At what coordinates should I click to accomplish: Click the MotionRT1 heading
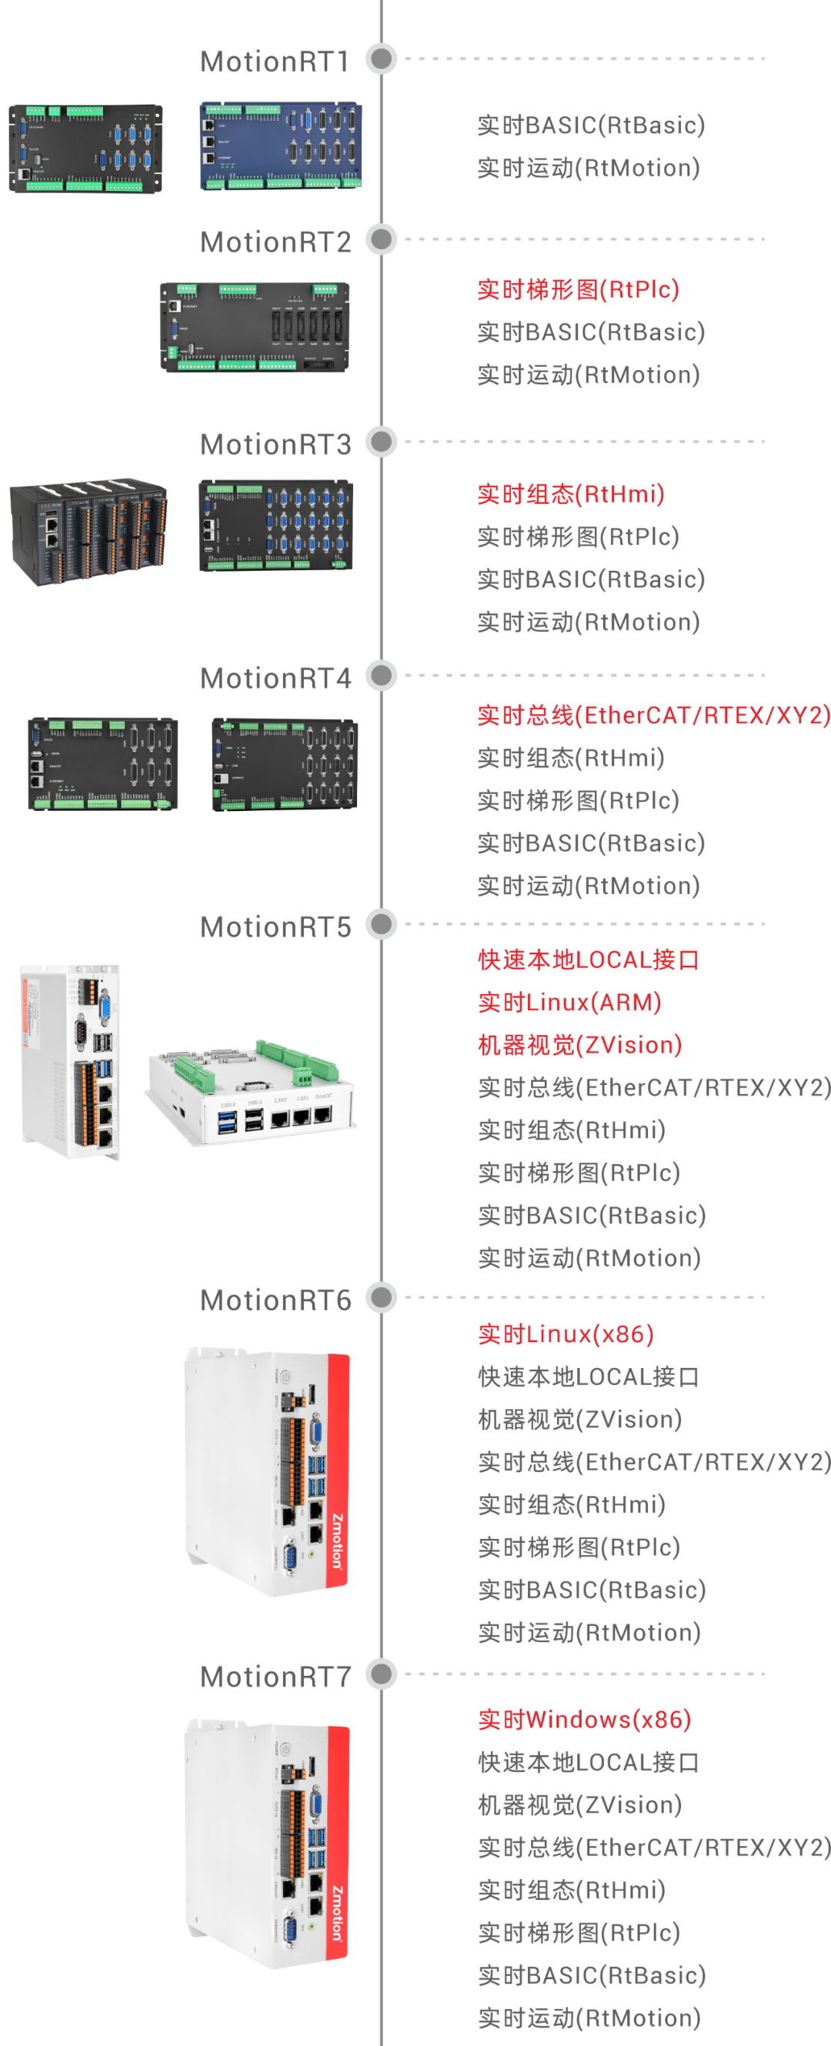274,62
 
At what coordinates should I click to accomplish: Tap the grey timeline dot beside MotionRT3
382,442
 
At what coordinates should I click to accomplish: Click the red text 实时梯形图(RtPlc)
578,290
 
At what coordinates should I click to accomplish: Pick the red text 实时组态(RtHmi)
569,494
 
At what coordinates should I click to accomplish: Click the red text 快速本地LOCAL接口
588,960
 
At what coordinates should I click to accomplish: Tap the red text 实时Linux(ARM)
569,1003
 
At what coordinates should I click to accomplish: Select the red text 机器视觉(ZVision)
579,1045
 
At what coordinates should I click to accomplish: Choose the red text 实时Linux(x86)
565,1334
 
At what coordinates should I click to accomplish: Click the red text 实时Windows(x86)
584,1720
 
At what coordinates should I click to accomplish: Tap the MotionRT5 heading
275,927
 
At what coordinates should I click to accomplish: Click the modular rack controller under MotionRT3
88,531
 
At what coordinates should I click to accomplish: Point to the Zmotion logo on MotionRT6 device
338,1541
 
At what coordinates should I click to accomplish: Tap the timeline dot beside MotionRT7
382,1674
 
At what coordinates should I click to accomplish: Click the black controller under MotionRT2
254,326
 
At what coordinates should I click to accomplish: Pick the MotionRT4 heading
275,679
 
